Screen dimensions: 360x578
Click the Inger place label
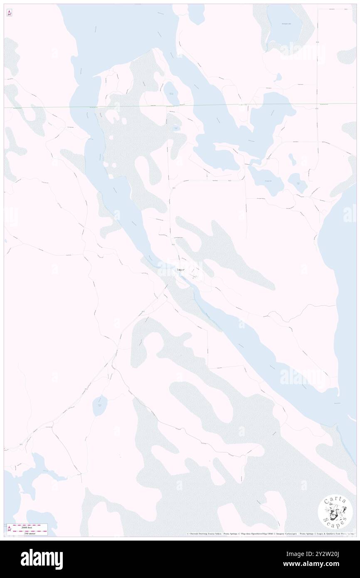coord(180,270)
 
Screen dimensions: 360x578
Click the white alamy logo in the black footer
coord(42,559)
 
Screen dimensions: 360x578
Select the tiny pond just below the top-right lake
coord(279,77)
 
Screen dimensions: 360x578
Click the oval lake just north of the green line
coord(171,94)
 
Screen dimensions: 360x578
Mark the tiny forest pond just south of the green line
coord(177,128)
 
